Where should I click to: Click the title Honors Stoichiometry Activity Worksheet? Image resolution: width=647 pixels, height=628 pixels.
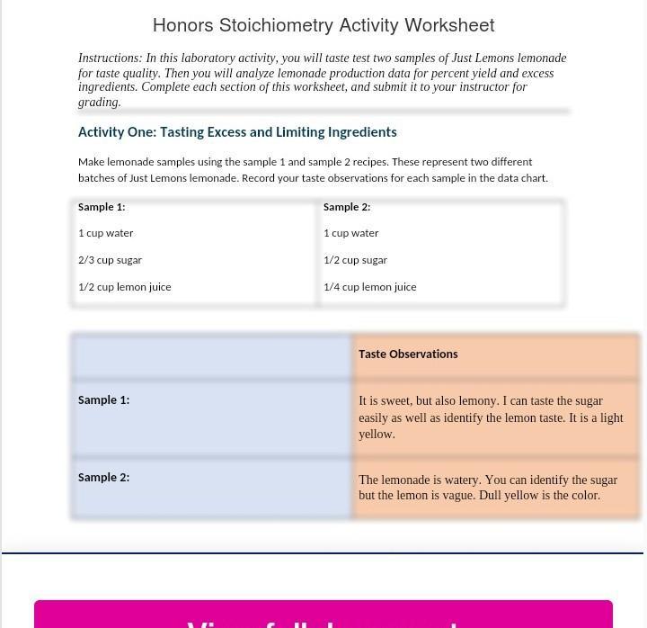(x=323, y=25)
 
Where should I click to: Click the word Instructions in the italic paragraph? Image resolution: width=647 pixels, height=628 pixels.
(x=110, y=58)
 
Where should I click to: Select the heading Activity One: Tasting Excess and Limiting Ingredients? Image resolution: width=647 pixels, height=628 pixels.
(x=237, y=132)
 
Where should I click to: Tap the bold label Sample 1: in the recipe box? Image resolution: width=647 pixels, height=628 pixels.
(x=102, y=207)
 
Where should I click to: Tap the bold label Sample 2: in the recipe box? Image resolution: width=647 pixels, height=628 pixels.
(x=347, y=207)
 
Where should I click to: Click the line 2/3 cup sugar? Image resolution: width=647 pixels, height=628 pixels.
(x=110, y=260)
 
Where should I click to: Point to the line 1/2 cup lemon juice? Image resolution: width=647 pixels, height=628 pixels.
(x=124, y=287)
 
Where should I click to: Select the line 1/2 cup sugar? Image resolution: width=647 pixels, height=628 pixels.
(x=355, y=260)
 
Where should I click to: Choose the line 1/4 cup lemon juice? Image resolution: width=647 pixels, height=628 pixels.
(x=369, y=287)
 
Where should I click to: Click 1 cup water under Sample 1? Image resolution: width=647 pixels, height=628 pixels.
(x=105, y=233)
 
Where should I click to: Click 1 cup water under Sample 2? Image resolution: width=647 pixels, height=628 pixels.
(x=350, y=233)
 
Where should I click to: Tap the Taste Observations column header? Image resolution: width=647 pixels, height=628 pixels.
(x=408, y=354)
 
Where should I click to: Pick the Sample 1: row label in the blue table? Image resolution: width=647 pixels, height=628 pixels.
(x=103, y=400)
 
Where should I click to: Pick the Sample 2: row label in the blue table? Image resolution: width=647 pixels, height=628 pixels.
(x=103, y=478)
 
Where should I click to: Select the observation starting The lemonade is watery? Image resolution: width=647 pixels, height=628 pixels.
(x=488, y=488)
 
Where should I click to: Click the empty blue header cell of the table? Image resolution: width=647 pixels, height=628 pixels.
(x=212, y=355)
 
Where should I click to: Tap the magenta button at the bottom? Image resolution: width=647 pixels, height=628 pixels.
(x=323, y=615)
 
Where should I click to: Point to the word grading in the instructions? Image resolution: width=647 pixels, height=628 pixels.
(x=98, y=103)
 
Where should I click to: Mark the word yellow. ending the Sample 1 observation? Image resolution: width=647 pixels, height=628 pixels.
(x=377, y=435)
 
